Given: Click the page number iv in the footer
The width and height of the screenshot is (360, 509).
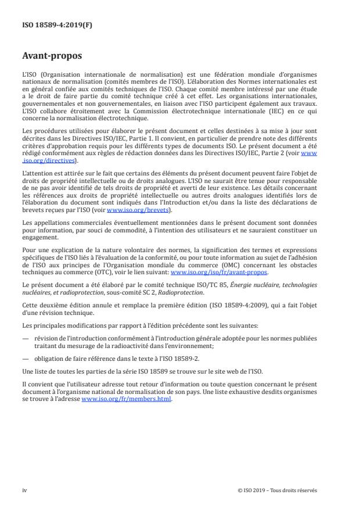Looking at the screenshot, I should pos(25,490).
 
